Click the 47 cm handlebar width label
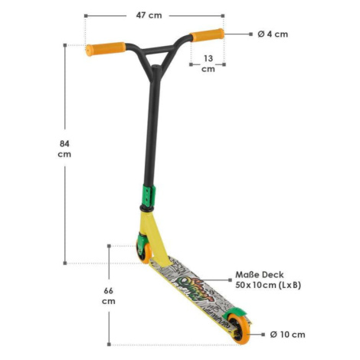[x=149, y=15]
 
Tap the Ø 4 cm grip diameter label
[x=273, y=34]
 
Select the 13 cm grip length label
[x=208, y=64]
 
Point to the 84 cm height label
[x=64, y=149]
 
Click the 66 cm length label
[x=109, y=296]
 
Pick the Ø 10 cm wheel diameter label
[x=287, y=335]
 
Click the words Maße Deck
[x=260, y=275]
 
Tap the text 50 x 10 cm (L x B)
[x=268, y=285]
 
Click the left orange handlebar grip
[x=106, y=49]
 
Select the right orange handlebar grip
[x=207, y=35]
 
